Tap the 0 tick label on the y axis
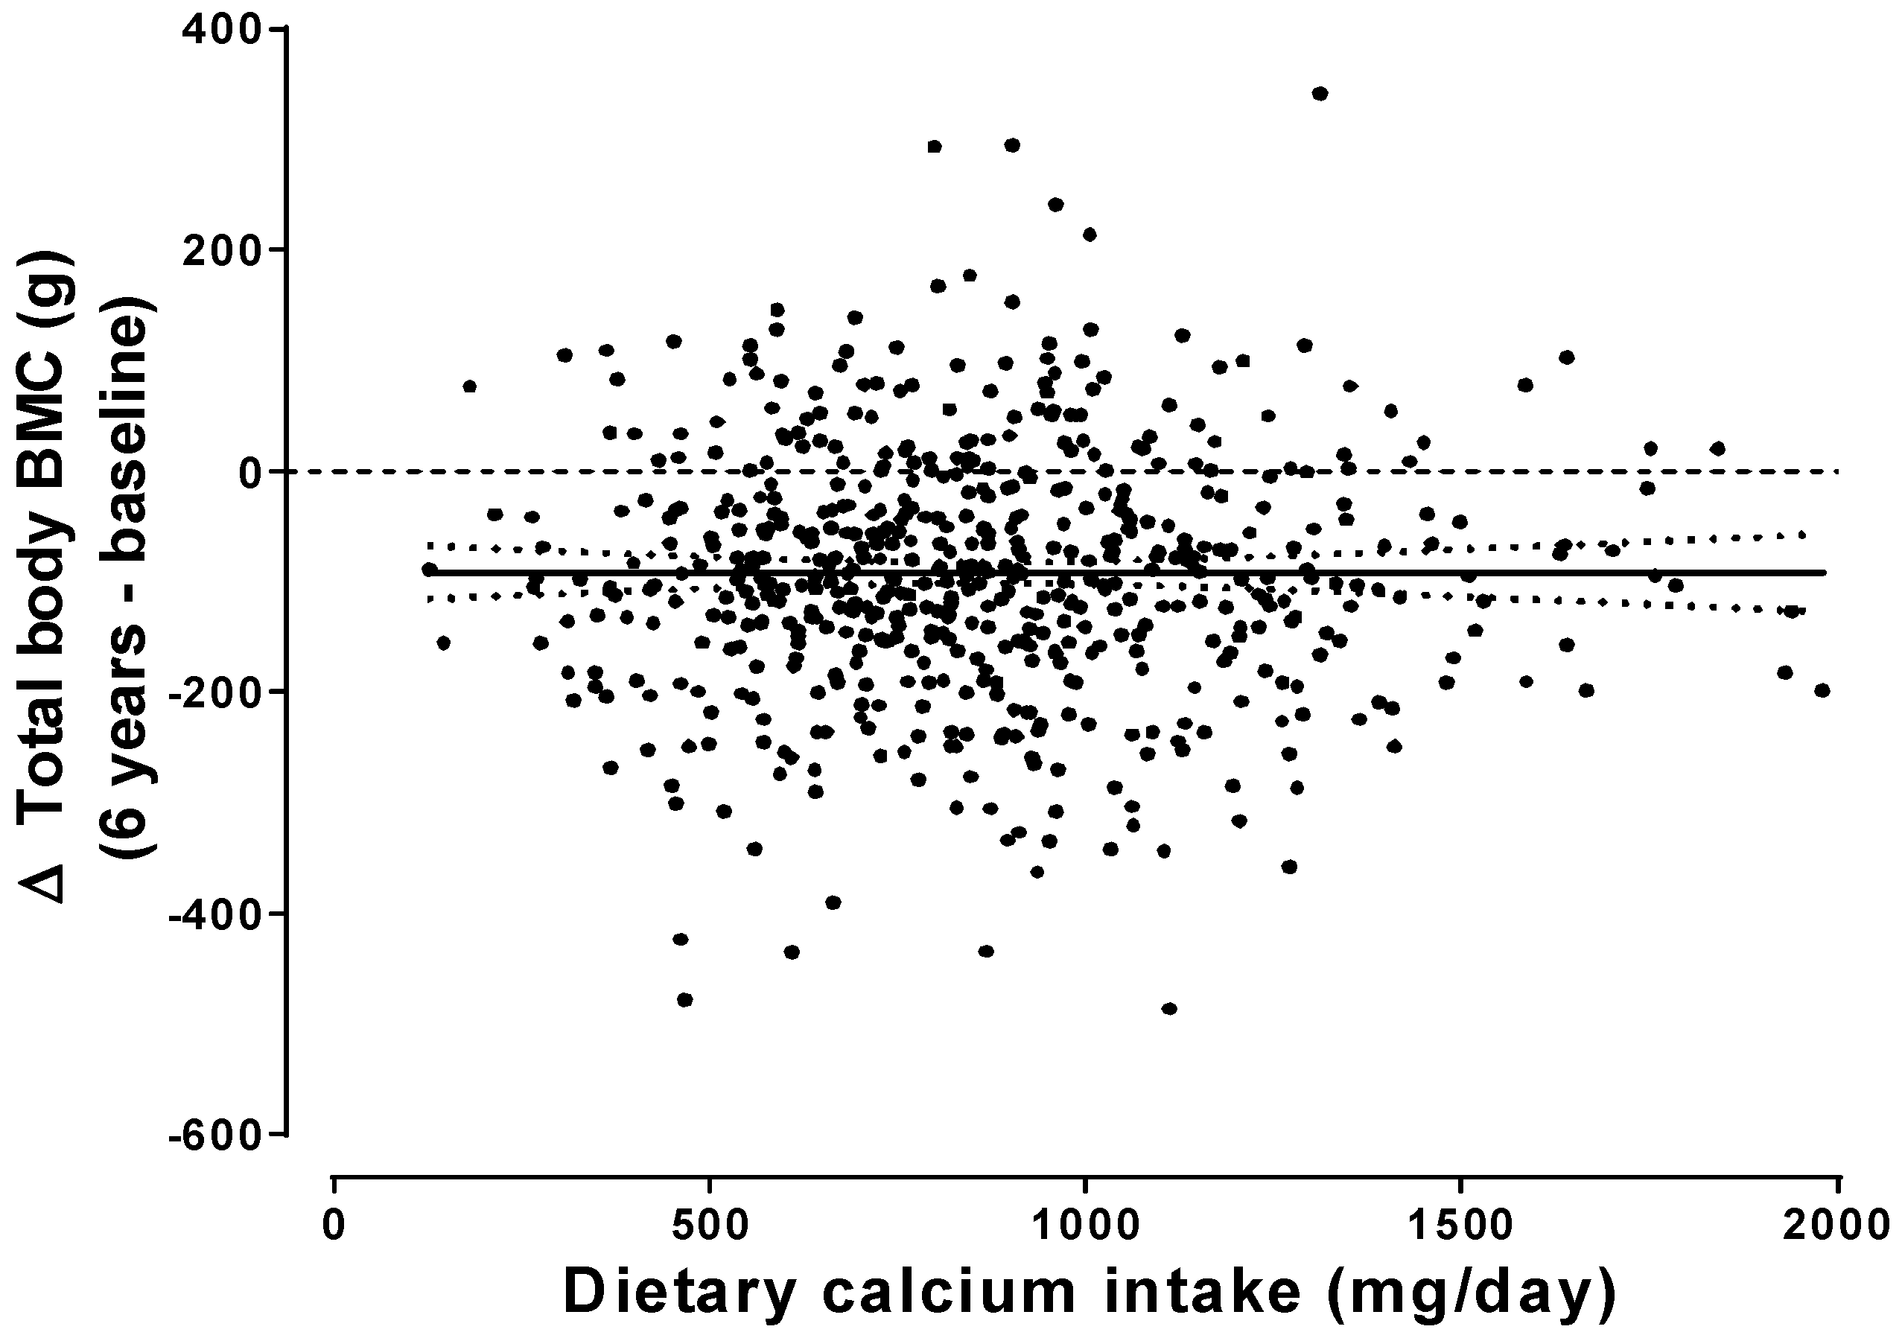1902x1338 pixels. pyautogui.click(x=251, y=472)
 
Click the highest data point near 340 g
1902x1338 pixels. pyautogui.click(x=1320, y=94)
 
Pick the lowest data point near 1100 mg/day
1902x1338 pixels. pyautogui.click(x=1169, y=1008)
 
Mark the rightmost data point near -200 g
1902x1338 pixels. pyautogui.click(x=1822, y=690)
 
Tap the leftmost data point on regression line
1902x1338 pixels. pyautogui.click(x=429, y=569)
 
